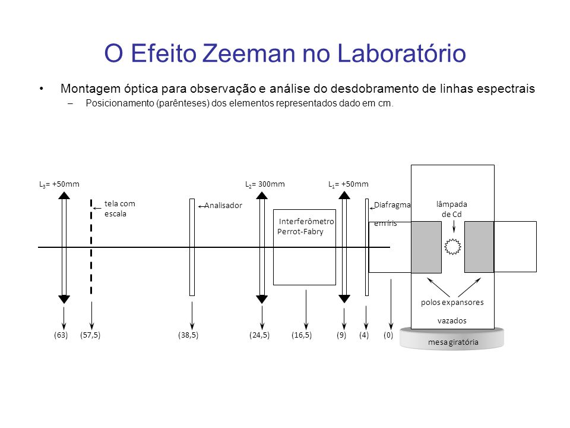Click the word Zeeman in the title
pyautogui.click(x=249, y=53)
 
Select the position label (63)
pyautogui.click(x=61, y=335)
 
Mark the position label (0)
pyautogui.click(x=388, y=335)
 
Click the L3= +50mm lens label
pyautogui.click(x=59, y=184)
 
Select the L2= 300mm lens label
pyautogui.click(x=265, y=184)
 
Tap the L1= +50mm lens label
pyautogui.click(x=349, y=184)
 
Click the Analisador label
pyautogui.click(x=223, y=206)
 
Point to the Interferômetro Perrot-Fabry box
pyautogui.click(x=305, y=247)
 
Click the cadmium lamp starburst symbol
pyautogui.click(x=453, y=247)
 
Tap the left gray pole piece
pyautogui.click(x=426, y=247)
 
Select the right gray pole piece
pyautogui.click(x=479, y=247)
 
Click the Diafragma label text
pyautogui.click(x=392, y=205)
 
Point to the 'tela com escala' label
pyautogui.click(x=119, y=209)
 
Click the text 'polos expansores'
pyautogui.click(x=452, y=303)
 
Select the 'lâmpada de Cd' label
pyautogui.click(x=452, y=209)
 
